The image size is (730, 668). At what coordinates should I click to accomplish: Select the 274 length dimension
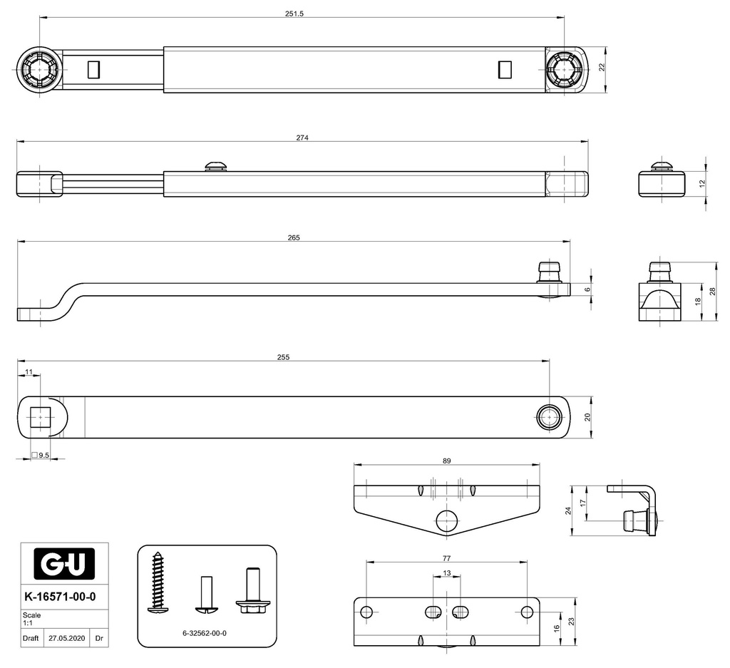click(x=302, y=138)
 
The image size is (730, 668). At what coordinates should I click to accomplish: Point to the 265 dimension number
click(x=294, y=237)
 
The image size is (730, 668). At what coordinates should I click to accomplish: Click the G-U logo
click(x=64, y=566)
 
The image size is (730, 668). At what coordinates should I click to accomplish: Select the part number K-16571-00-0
click(x=60, y=597)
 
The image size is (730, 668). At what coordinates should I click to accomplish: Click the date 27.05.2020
click(x=67, y=639)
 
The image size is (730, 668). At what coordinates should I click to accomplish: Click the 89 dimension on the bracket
click(x=447, y=461)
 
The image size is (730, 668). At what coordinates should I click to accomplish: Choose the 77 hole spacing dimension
click(x=447, y=559)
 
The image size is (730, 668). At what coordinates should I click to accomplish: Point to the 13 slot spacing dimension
click(x=447, y=572)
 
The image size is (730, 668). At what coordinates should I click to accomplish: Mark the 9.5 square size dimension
click(x=43, y=455)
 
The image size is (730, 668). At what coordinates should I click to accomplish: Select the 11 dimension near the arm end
click(x=29, y=372)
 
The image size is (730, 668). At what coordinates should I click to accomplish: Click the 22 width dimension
click(x=601, y=67)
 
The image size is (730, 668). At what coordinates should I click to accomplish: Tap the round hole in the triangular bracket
click(x=447, y=520)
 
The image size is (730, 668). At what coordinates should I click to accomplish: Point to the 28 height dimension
click(x=712, y=292)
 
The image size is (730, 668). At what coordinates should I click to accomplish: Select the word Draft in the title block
click(x=31, y=639)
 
